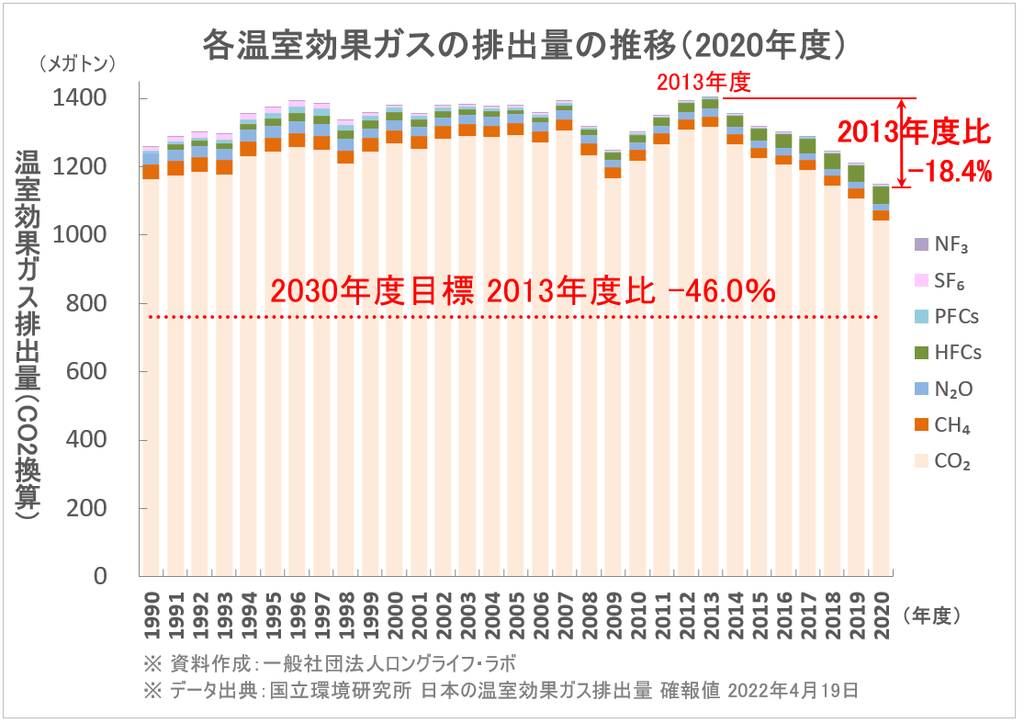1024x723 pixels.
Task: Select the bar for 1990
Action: click(x=151, y=367)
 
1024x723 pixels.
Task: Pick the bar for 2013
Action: click(x=710, y=349)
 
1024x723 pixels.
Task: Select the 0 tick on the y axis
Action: click(x=101, y=577)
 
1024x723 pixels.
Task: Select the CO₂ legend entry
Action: click(x=951, y=462)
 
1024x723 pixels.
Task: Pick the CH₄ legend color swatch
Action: click(x=921, y=426)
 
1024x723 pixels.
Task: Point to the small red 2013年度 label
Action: click(x=703, y=84)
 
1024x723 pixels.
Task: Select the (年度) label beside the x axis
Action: click(x=933, y=616)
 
